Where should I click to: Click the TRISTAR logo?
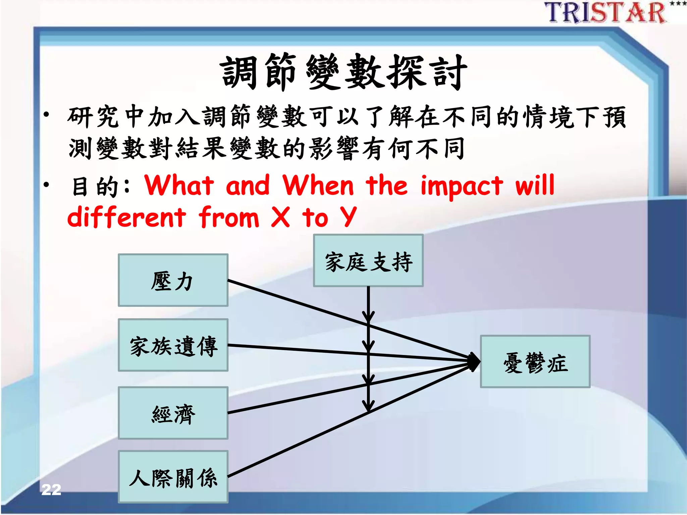(x=605, y=12)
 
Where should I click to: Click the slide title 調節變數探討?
(x=343, y=72)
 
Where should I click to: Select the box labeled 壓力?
(x=173, y=280)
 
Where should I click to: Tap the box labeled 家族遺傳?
(x=173, y=345)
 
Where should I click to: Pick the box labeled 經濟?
(x=173, y=413)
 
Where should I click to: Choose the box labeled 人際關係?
(x=173, y=477)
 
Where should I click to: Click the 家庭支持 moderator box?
(x=368, y=261)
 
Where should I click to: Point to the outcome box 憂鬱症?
(x=535, y=362)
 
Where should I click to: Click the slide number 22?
(x=51, y=490)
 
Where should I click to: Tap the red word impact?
(x=462, y=186)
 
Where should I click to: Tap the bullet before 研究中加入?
(x=46, y=115)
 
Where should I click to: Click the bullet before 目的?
(x=46, y=184)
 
